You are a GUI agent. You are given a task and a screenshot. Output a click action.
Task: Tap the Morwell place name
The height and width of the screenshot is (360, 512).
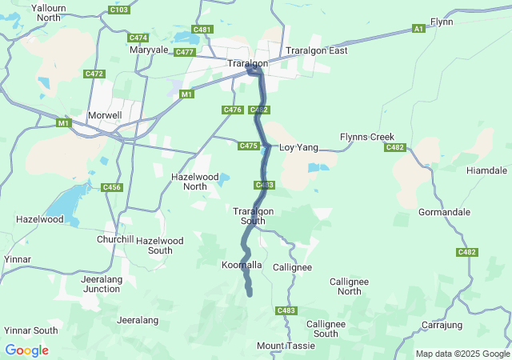click(105, 115)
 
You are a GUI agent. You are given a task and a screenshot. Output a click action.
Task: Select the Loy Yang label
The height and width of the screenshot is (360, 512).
click(298, 148)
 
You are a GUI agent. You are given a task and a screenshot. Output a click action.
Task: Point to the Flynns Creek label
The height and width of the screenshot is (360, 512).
click(367, 137)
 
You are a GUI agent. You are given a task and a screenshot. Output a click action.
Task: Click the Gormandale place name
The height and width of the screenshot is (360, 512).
click(443, 214)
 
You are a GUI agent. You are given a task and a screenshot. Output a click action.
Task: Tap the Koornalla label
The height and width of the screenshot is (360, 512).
click(242, 265)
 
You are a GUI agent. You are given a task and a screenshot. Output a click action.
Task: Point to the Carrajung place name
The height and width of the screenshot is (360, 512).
click(442, 325)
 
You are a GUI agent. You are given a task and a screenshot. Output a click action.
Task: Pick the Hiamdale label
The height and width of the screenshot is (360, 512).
click(486, 170)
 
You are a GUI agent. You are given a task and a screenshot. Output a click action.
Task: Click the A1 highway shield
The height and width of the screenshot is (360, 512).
click(418, 29)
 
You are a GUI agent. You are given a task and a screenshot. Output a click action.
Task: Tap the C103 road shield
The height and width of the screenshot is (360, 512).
click(118, 10)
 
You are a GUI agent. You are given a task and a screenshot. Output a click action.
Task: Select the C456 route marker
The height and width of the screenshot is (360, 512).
click(111, 187)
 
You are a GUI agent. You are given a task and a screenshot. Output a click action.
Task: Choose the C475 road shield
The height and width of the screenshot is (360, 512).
click(248, 146)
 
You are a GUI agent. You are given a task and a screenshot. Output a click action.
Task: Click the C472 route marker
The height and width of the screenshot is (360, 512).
click(94, 74)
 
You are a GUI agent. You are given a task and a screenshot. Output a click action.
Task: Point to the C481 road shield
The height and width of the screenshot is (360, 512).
click(202, 30)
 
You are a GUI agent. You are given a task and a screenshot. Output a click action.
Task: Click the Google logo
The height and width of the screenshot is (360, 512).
click(26, 350)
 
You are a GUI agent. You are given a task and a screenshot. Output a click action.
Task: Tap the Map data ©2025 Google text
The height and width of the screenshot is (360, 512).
click(462, 354)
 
